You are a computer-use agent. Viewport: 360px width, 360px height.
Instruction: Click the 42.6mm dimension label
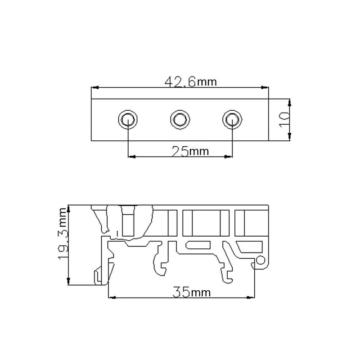(191, 82)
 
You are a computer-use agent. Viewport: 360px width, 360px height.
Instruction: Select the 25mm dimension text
(191, 151)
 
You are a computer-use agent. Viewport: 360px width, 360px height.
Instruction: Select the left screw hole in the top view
(128, 119)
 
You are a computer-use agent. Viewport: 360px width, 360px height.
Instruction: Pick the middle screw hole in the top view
(180, 119)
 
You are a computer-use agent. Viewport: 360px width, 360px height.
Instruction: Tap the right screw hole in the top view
(232, 119)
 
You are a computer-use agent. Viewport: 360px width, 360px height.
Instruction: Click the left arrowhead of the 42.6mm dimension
(94, 87)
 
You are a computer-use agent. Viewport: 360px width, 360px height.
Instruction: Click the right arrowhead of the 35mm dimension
(251, 297)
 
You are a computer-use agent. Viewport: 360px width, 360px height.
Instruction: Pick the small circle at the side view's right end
(260, 260)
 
